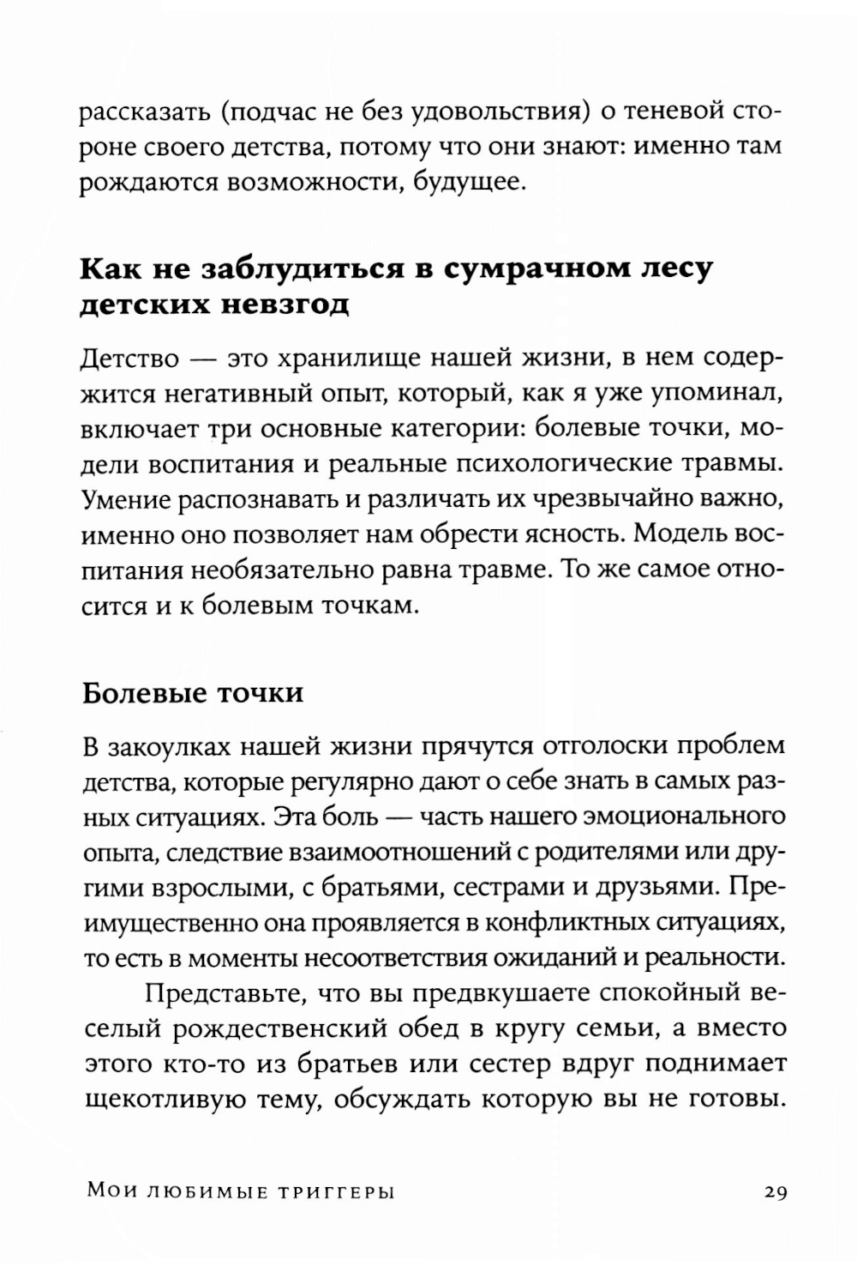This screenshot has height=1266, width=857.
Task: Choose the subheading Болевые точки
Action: [192, 691]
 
